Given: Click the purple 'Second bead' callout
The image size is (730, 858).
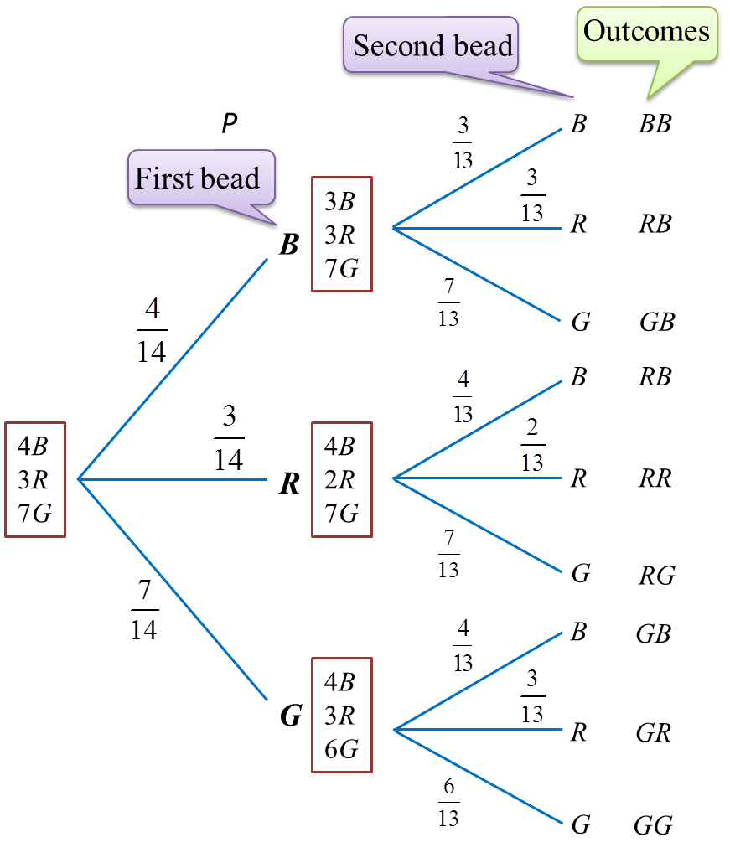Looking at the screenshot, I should tap(432, 45).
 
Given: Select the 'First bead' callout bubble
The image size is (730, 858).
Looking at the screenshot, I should tap(198, 178).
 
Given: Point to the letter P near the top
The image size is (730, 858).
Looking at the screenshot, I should tap(230, 124).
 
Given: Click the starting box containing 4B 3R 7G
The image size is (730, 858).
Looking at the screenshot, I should tap(35, 479).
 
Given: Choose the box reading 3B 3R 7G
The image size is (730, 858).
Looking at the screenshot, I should tap(341, 235).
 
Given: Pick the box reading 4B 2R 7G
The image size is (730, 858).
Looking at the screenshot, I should tap(341, 479).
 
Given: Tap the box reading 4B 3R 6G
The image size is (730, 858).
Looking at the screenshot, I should tap(341, 715).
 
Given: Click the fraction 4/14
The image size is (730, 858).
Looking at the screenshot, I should tap(152, 331).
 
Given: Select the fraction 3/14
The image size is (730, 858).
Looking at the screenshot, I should tap(229, 438).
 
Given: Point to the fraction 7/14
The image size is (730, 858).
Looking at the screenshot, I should tap(144, 610).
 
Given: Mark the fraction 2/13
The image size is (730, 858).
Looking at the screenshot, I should tap(532, 446).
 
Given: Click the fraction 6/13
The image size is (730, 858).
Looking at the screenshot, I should tap(448, 802).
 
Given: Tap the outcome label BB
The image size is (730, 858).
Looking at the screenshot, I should tap(655, 125).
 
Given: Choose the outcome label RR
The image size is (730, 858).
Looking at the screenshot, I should tap(655, 478).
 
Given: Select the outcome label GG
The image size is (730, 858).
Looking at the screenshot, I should tap(654, 825).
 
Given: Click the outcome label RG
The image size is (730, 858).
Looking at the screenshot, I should tap(656, 575).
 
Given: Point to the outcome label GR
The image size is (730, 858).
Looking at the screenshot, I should tap(654, 733).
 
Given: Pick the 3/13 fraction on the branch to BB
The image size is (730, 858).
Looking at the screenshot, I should tap(463, 142).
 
